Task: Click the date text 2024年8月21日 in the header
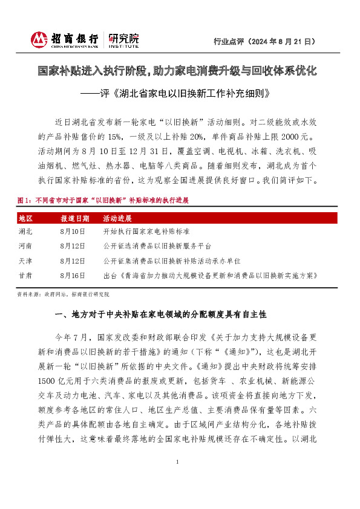(x=284, y=42)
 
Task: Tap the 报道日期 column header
(x=74, y=218)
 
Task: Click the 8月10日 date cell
(x=73, y=232)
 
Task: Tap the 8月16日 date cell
(x=73, y=275)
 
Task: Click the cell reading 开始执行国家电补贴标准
(x=146, y=232)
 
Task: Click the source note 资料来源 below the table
(x=64, y=294)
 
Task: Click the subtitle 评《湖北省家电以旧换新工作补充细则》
(x=179, y=94)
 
